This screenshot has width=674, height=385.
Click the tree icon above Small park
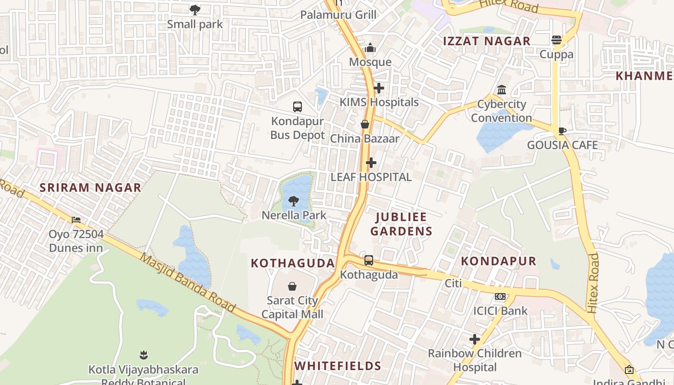[195, 10]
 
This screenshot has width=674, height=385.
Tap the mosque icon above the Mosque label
[370, 48]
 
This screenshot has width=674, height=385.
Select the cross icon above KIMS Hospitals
[379, 88]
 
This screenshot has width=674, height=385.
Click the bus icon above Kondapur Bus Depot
[298, 107]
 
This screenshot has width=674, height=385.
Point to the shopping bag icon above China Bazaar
[365, 124]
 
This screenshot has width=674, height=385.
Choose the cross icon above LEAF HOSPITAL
[371, 163]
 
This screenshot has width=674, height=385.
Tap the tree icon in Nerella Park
[294, 201]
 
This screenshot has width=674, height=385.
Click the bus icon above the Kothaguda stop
[369, 260]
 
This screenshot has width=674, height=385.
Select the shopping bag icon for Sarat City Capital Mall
[292, 287]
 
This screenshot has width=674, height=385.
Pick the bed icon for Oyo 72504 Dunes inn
[76, 220]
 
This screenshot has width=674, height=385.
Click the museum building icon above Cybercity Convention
[502, 90]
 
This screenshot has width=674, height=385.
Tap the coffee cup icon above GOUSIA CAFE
[562, 131]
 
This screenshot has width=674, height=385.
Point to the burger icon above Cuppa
[557, 40]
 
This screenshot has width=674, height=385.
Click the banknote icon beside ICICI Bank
[500, 296]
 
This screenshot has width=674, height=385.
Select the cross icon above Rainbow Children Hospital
[475, 339]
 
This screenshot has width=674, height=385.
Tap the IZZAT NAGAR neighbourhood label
[487, 41]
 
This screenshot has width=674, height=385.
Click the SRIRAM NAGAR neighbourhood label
[91, 188]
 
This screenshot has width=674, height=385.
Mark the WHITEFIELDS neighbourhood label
[338, 366]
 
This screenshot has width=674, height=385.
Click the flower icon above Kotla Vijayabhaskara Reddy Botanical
[143, 356]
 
